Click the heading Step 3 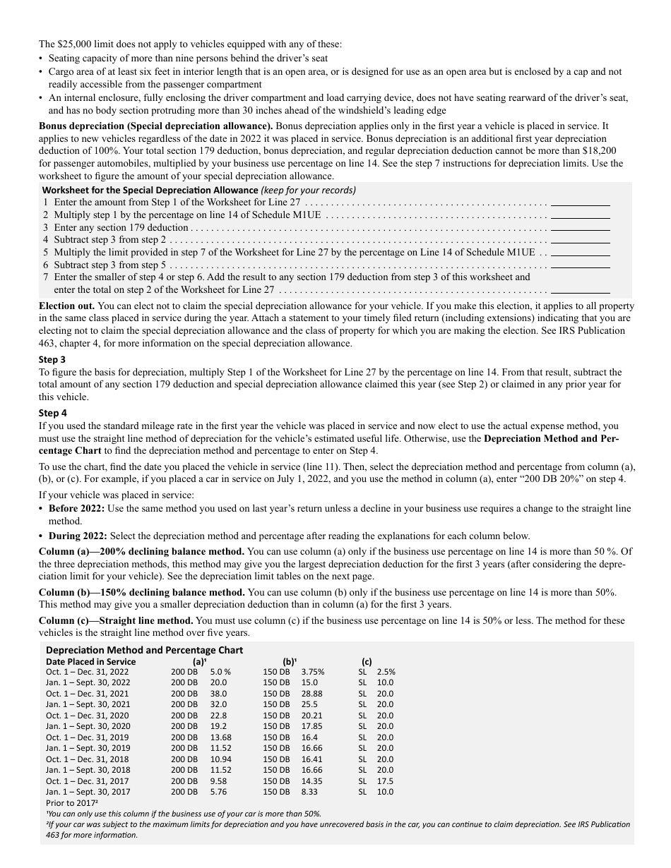[x=52, y=359]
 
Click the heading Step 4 [x=52, y=413]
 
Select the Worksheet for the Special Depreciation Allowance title [x=150, y=190]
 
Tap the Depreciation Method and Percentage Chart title [x=144, y=650]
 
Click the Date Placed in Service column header [x=90, y=662]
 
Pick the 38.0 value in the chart [x=218, y=694]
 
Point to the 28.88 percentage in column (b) [x=312, y=694]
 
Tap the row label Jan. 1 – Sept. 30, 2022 [x=88, y=682]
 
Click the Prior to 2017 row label [x=71, y=803]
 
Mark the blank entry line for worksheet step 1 [x=580, y=203]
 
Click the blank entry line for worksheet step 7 [x=580, y=290]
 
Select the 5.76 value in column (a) [x=218, y=792]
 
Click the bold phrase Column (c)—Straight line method [x=116, y=620]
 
